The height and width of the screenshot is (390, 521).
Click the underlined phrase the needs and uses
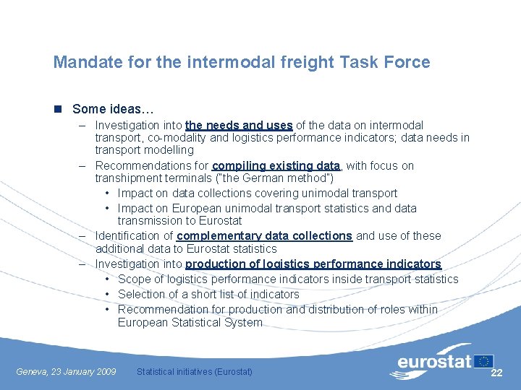coord(239,125)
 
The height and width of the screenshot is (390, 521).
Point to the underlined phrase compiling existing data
coord(276,165)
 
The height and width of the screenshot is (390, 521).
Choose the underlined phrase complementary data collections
coord(264,235)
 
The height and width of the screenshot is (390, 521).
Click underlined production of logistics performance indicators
coord(313,264)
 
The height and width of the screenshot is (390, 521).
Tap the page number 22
coord(496,373)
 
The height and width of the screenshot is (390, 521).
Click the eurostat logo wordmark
coord(434,361)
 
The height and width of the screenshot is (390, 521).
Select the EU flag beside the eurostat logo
coord(484,361)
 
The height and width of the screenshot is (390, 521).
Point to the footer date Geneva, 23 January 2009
coord(66,372)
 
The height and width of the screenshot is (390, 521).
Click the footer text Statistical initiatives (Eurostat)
coord(195,372)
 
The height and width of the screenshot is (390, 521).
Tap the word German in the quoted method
coord(260,178)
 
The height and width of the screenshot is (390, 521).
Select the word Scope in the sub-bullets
coord(134,279)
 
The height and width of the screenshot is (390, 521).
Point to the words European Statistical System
coord(190,322)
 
